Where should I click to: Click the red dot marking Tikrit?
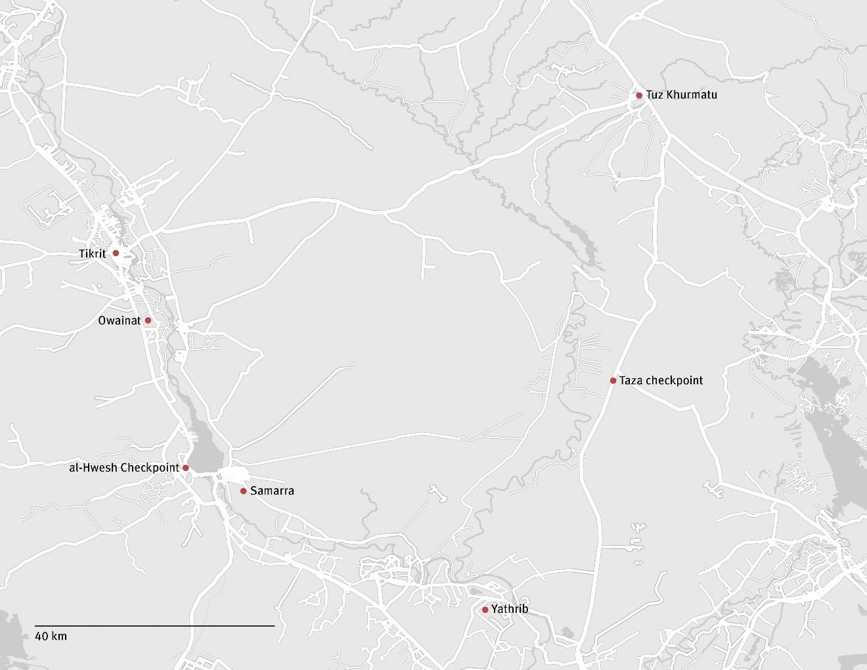click(116, 253)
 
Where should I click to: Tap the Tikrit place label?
click(92, 254)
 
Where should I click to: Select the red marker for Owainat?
click(148, 321)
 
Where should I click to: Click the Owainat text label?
click(119, 321)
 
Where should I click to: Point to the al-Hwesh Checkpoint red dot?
click(185, 468)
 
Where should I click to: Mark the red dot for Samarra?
click(243, 491)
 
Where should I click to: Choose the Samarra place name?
click(272, 491)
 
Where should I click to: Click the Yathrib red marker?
click(485, 610)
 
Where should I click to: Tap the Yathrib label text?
click(510, 610)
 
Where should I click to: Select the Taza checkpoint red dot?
click(613, 380)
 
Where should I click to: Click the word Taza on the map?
click(631, 380)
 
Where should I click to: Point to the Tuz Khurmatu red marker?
click(638, 95)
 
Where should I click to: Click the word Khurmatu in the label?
click(692, 95)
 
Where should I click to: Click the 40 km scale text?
click(51, 636)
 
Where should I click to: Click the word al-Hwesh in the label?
click(93, 468)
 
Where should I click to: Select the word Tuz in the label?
click(655, 95)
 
